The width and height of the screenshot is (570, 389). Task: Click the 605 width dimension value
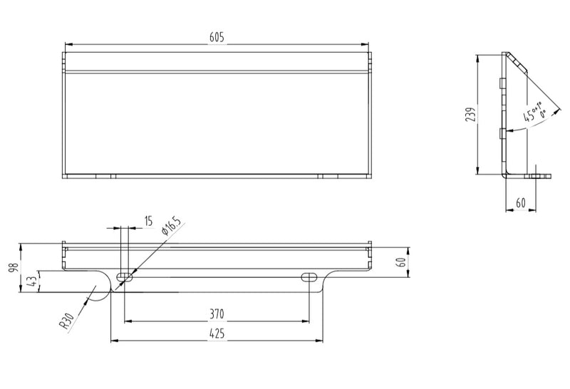217,38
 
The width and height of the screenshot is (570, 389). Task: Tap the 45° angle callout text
536,113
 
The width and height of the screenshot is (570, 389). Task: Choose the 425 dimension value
217,333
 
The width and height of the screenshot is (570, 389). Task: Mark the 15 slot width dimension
147,222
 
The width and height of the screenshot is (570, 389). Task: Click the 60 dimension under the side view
520,203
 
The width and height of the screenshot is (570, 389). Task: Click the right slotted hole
310,276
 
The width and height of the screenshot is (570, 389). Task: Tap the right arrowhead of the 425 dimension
321,341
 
